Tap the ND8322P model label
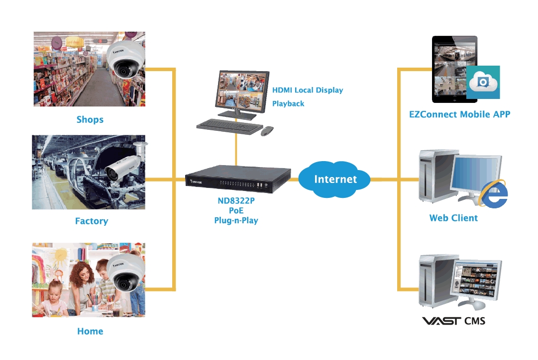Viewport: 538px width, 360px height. coord(235,202)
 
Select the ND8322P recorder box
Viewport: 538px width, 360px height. coord(237,180)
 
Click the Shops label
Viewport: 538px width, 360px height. coord(90,119)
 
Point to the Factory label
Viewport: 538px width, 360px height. coord(92,221)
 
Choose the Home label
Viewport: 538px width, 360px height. coord(90,331)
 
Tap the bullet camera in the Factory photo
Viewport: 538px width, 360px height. coord(122,167)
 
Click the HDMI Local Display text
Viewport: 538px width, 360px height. coord(308,90)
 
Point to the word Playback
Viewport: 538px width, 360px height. coord(288,103)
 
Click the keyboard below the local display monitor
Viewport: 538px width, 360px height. coord(228,126)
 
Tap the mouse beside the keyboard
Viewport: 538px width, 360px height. coord(267,131)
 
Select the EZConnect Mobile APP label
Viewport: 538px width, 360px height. coord(459,114)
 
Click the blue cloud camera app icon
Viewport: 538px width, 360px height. coord(483,82)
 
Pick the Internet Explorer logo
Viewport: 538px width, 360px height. coord(494,194)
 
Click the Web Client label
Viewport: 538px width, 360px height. coord(453,218)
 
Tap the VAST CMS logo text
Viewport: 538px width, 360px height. coord(453,321)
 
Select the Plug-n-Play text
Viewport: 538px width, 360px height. coord(236,220)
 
